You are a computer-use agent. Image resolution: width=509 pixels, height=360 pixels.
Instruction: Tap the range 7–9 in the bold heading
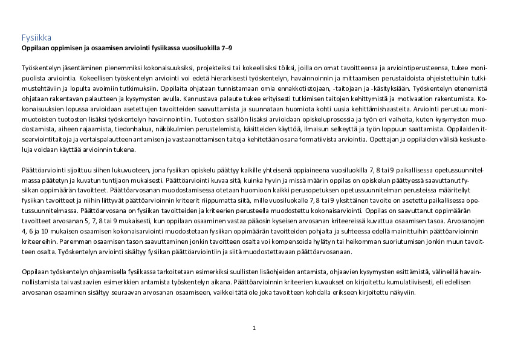pyautogui.click(x=226, y=47)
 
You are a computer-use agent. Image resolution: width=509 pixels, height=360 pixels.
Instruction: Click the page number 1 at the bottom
pyautogui.click(x=254, y=328)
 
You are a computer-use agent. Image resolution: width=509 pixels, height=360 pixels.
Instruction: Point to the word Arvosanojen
pyautogui.click(x=466, y=222)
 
